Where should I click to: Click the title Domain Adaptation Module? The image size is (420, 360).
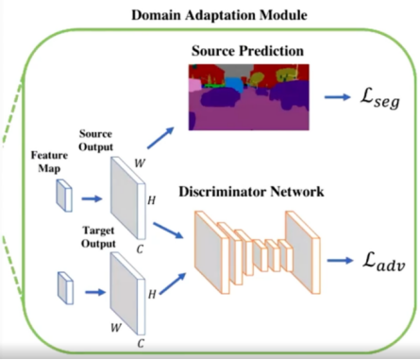point(219,15)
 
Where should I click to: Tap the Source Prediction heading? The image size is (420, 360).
point(247,51)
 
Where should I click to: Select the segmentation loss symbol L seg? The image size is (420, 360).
point(380,99)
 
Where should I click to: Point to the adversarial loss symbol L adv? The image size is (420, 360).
point(383,262)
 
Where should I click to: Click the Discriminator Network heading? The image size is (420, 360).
point(251,192)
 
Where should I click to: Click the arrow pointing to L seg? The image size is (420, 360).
point(337,97)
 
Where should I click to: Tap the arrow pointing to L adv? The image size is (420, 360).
point(340,261)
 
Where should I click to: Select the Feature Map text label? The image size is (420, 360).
point(49,162)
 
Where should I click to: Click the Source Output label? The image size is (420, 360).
point(95,141)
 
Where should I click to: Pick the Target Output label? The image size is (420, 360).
point(98,237)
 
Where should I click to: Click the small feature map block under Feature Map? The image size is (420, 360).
point(64,196)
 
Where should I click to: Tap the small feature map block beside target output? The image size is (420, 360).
point(65,288)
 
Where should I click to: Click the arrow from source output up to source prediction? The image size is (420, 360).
point(160,138)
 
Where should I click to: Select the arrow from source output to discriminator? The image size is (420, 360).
point(168,231)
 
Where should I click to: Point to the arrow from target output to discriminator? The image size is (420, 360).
point(173,283)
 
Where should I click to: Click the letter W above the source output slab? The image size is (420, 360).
point(140,163)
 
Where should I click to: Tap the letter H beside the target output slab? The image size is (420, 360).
point(152,294)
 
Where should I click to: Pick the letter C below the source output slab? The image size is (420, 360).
point(140,249)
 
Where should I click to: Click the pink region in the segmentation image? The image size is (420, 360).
point(194,85)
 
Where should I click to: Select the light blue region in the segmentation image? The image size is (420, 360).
point(235,84)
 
